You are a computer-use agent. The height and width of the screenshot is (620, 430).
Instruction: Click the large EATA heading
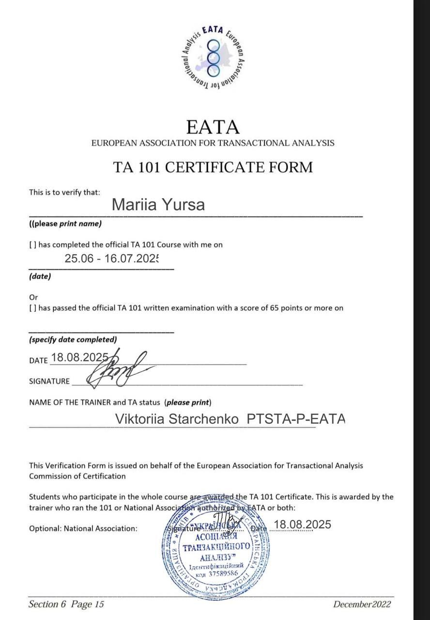213,127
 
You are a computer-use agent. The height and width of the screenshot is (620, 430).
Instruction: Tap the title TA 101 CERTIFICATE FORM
213,167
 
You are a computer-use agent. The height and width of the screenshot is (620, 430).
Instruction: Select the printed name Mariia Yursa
158,204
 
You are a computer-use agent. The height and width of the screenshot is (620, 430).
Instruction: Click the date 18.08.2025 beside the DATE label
80,357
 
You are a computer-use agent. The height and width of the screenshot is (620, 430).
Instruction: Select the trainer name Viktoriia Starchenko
177,419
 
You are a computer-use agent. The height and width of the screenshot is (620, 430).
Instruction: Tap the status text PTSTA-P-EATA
296,419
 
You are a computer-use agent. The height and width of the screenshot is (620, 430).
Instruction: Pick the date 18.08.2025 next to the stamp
302,525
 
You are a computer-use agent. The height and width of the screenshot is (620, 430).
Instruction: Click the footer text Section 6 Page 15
66,604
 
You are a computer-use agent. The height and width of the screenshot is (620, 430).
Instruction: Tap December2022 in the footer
362,604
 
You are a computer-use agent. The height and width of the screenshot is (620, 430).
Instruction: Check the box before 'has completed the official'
32,245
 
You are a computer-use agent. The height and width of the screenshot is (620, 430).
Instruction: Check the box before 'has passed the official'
32,308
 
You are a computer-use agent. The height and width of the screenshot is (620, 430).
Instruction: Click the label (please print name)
65,224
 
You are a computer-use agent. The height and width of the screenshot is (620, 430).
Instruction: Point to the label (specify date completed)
73,340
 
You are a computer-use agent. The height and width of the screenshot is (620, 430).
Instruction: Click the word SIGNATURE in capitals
49,381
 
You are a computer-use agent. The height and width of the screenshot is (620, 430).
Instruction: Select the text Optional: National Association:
83,528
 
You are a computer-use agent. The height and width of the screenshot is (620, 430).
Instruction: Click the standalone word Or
33,297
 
